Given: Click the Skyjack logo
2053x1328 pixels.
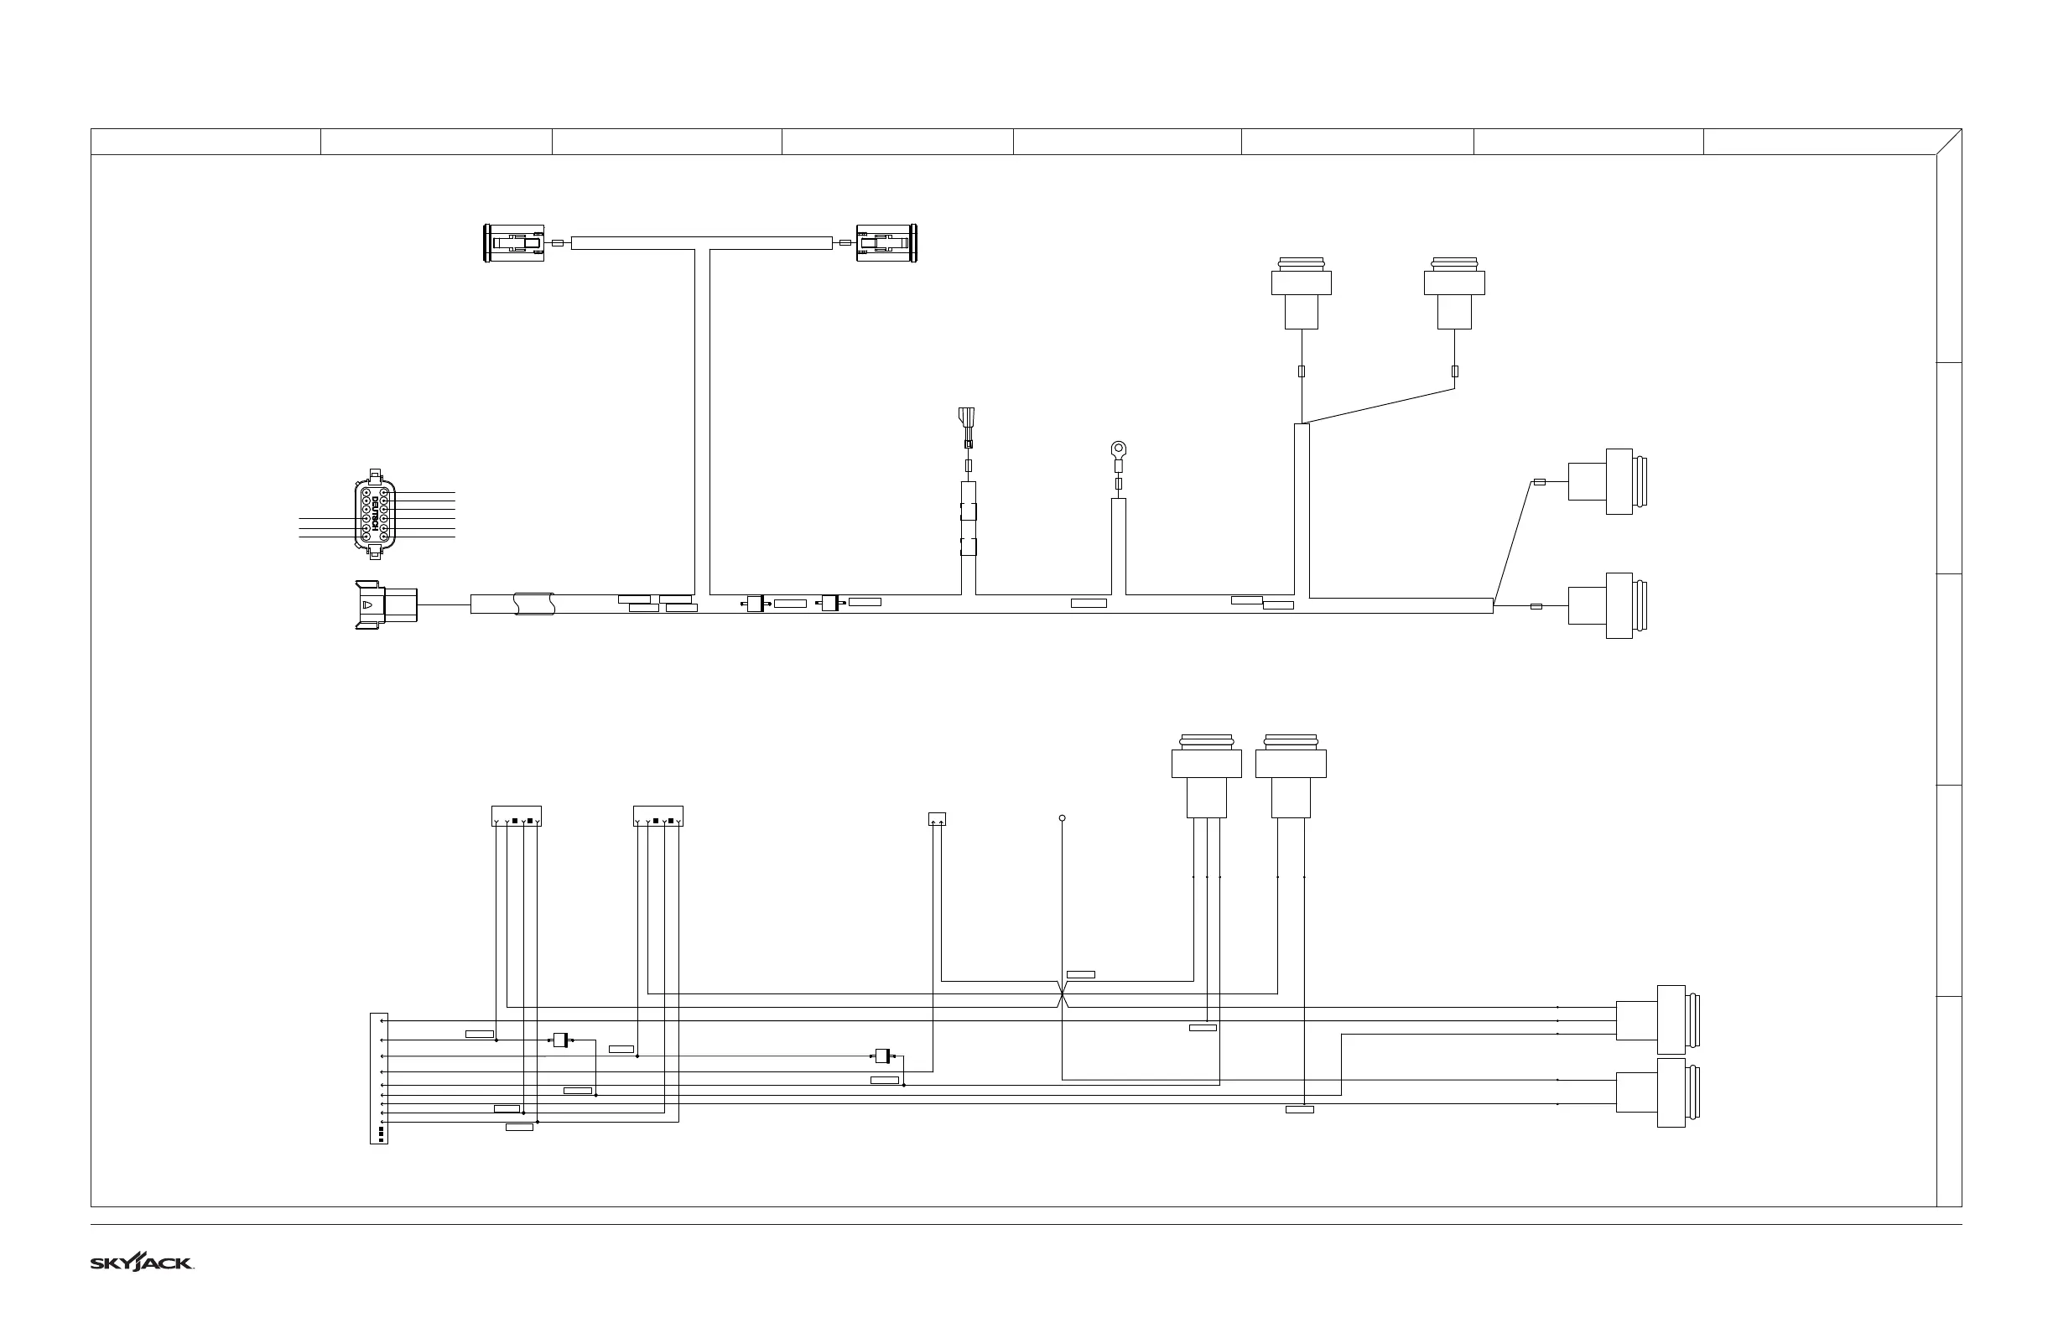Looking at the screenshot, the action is pyautogui.click(x=142, y=1263).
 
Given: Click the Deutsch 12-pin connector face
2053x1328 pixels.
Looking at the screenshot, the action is pyautogui.click(x=374, y=515).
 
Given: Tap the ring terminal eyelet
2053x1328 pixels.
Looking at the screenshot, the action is pyautogui.click(x=1119, y=449).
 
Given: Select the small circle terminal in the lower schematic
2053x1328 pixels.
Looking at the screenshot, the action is pyautogui.click(x=1062, y=818).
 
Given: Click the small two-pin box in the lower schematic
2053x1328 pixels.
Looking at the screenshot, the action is pyautogui.click(x=937, y=819).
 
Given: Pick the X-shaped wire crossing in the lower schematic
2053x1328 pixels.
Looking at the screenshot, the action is pyautogui.click(x=1062, y=998).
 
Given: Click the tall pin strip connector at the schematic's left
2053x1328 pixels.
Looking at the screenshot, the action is pyautogui.click(x=379, y=1079).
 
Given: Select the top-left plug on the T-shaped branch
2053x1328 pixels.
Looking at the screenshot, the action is pyautogui.click(x=514, y=243).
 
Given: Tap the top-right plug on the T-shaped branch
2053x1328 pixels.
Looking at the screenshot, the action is pyautogui.click(x=886, y=243).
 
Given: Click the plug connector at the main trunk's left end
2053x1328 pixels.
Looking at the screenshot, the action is pyautogui.click(x=387, y=604).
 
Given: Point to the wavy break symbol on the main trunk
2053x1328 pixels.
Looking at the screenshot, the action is pyautogui.click(x=534, y=604).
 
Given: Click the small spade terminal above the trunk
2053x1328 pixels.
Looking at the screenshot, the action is pyautogui.click(x=968, y=426).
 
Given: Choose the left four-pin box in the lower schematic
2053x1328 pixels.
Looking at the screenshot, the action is pyautogui.click(x=516, y=817).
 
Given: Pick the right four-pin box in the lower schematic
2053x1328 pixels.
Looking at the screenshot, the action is pyautogui.click(x=658, y=817).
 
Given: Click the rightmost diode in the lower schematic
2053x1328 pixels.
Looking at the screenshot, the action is pyautogui.click(x=882, y=1056).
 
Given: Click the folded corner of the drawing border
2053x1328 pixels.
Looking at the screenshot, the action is pyautogui.click(x=1949, y=143).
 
